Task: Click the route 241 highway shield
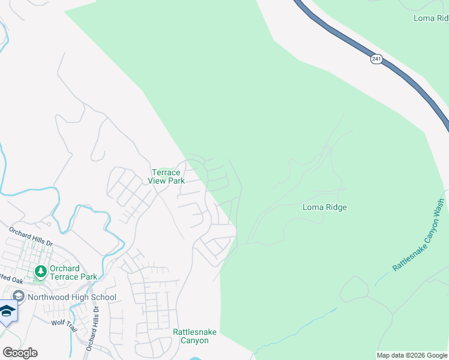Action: (376, 59)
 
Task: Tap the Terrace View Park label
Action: (165, 176)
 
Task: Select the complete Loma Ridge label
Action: (324, 208)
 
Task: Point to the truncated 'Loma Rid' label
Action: (431, 19)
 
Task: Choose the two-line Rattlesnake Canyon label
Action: (191, 336)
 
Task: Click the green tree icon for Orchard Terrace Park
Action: (41, 272)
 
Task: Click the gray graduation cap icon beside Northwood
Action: (19, 296)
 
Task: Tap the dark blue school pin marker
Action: (7, 311)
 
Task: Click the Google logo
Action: (20, 353)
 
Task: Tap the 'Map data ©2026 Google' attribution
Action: (412, 355)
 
